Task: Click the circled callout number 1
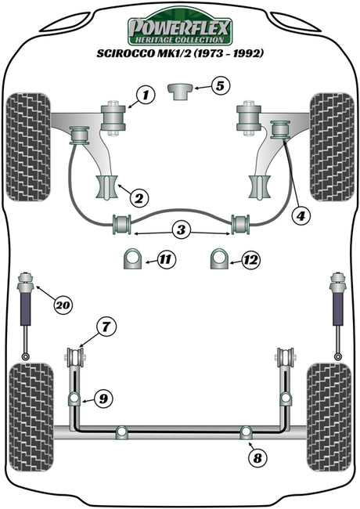pyautogui.click(x=146, y=95)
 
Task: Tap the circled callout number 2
pyautogui.click(x=139, y=197)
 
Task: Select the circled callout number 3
pyautogui.click(x=181, y=229)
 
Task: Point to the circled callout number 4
pyautogui.click(x=301, y=215)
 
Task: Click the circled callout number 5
pyautogui.click(x=220, y=86)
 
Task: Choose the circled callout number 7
pyautogui.click(x=106, y=327)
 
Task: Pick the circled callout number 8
pyautogui.click(x=257, y=458)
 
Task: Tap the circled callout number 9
pyautogui.click(x=103, y=399)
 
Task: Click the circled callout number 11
pyautogui.click(x=166, y=259)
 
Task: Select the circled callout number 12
pyautogui.click(x=251, y=260)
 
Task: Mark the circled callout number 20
pyautogui.click(x=63, y=305)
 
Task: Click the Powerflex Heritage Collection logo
pyautogui.click(x=179, y=27)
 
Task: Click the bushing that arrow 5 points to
pyautogui.click(x=180, y=91)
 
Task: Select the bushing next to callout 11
pyautogui.click(x=132, y=258)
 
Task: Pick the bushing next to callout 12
pyautogui.click(x=219, y=258)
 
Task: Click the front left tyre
pyautogui.click(x=28, y=147)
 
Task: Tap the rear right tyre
pyautogui.click(x=329, y=417)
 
